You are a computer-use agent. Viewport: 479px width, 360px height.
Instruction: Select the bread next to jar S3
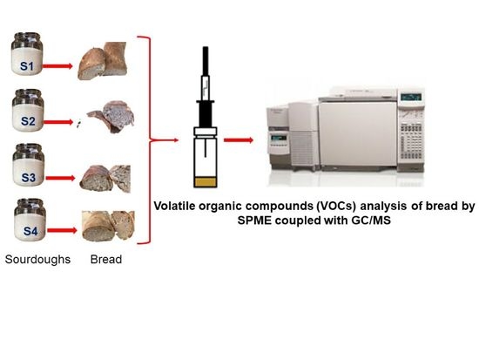[x=105, y=175]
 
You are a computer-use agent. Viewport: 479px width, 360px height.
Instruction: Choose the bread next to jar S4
[x=105, y=227]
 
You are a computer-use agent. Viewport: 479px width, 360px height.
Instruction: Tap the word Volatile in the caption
[x=178, y=207]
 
